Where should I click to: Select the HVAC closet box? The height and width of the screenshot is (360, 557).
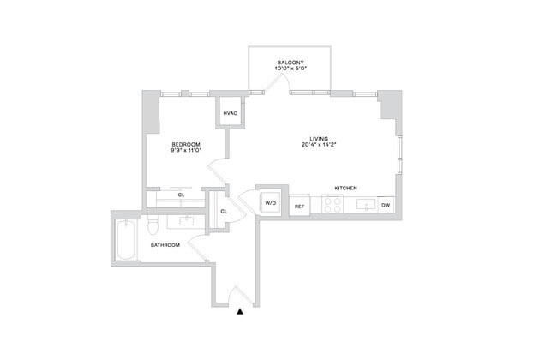coord(230,114)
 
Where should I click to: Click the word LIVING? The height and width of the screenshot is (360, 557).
coord(319,138)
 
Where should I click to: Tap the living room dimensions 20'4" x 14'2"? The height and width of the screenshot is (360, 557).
coord(319,146)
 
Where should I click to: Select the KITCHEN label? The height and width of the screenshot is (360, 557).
coord(346,188)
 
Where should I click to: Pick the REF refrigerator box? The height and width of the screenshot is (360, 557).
coord(299,206)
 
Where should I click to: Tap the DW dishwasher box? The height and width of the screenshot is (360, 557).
coord(386,206)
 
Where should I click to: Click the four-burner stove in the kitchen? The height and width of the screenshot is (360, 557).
coord(332,206)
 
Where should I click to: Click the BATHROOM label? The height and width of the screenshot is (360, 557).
coord(165,245)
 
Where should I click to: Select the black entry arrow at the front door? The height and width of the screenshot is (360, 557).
coord(241,311)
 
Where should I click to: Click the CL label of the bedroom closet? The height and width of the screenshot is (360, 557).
coord(181,195)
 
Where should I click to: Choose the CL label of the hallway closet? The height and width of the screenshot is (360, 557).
coord(224,211)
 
